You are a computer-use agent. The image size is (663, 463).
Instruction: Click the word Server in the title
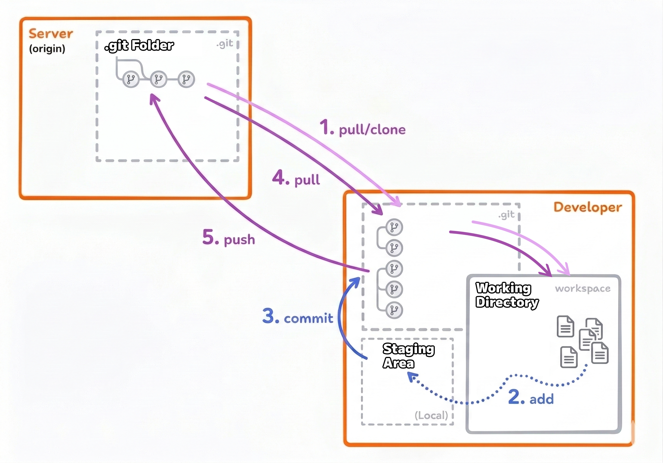pos(51,34)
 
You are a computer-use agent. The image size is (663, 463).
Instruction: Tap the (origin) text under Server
pos(47,49)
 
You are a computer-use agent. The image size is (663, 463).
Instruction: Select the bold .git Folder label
pos(139,46)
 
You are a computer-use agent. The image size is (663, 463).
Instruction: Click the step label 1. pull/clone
pos(363,128)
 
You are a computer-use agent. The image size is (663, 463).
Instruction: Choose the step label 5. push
pos(229,238)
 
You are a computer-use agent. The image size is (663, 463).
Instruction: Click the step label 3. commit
pos(298,317)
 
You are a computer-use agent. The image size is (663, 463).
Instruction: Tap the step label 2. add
pos(531,398)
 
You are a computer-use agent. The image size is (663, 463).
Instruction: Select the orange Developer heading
pos(588,207)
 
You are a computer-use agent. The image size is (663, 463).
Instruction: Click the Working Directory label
pos(507,295)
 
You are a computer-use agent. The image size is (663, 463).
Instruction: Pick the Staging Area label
pos(408,356)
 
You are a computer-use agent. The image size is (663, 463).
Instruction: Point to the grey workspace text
pos(583,289)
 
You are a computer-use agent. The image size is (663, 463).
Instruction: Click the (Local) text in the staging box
pos(431,415)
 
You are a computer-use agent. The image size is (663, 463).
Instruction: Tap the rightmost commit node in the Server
pos(186,79)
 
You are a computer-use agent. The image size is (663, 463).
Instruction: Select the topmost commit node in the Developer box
pos(394,227)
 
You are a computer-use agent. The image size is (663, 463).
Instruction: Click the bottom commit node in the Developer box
pos(394,310)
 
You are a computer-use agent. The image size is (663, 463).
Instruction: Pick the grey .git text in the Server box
pos(225,44)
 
